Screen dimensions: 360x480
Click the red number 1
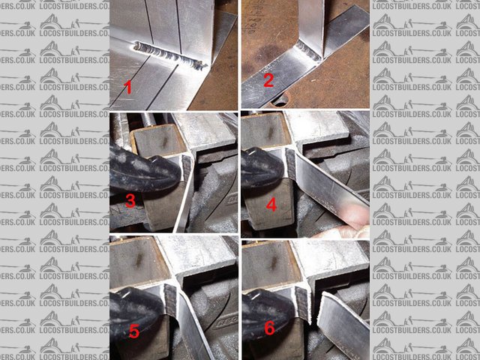point(128,88)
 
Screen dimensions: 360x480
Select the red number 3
point(130,201)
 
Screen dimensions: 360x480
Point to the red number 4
point(271,203)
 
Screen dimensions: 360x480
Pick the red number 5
point(133,330)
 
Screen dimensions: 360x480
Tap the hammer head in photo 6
point(270,303)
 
